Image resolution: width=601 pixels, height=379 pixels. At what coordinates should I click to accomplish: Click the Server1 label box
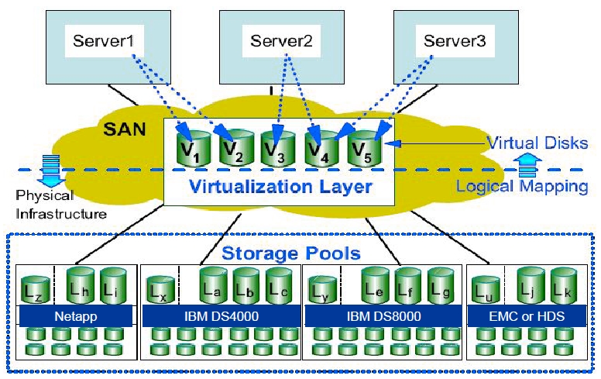(102, 40)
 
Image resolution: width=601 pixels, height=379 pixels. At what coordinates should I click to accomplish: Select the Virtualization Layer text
(281, 186)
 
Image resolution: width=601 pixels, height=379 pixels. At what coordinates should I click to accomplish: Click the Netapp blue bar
(75, 316)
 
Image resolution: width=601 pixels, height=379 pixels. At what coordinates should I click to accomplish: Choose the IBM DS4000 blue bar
(220, 316)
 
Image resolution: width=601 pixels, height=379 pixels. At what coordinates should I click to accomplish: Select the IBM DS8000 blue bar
(381, 316)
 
